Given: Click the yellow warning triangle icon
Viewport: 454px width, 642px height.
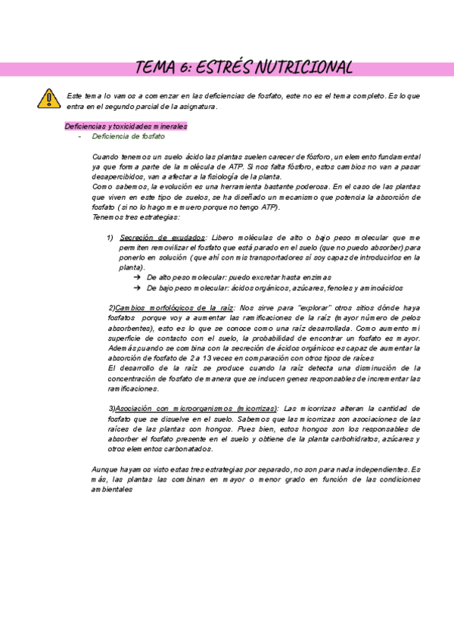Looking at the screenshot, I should coord(48,98).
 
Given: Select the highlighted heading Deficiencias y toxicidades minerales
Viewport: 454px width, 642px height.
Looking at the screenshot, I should coord(126,126).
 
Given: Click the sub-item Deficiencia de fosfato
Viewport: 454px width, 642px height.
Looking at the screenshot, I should coord(127,137).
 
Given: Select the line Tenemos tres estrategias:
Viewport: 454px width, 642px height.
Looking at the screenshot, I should coord(125,217).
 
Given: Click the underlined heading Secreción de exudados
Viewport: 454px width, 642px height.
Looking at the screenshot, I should coord(161,238).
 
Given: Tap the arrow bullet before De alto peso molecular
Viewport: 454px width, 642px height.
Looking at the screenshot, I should coord(137,278).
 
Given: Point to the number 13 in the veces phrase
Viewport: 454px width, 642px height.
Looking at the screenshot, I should coord(206,357).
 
